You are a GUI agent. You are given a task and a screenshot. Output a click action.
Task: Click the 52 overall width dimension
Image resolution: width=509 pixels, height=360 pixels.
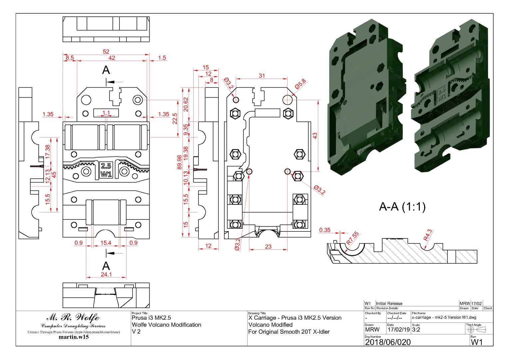106,52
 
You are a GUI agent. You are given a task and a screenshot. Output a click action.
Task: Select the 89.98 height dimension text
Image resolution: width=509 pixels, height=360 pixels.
179,162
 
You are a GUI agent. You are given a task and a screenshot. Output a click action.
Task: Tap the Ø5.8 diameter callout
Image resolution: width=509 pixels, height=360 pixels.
300,84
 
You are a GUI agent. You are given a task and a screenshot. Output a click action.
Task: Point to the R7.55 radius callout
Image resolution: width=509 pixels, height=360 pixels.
353,238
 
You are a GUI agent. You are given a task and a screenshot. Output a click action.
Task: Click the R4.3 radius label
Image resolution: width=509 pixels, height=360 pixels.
428,235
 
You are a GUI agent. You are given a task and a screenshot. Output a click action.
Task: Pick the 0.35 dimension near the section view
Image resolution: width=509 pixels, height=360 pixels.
325,230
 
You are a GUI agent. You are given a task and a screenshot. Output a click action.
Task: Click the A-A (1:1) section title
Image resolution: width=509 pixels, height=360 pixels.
402,207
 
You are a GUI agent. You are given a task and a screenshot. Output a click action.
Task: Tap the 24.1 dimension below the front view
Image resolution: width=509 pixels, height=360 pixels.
106,274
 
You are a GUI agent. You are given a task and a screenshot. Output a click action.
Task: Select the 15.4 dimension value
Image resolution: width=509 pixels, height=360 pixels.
106,243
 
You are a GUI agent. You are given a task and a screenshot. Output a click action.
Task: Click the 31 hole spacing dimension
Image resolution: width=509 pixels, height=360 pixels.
262,76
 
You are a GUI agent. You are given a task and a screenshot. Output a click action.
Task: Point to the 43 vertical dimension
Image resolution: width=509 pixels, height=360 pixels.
315,136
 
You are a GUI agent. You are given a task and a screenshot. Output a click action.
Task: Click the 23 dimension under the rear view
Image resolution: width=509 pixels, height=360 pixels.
268,246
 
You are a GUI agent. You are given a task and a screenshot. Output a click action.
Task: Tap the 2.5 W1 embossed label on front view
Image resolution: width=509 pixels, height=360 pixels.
106,170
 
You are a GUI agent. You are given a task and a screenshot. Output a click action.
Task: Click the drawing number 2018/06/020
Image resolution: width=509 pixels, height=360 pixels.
388,342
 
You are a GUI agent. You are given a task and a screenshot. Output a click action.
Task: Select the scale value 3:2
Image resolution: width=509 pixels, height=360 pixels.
416,330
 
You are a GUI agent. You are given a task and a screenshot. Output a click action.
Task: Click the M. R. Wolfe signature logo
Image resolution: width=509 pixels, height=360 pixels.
73,317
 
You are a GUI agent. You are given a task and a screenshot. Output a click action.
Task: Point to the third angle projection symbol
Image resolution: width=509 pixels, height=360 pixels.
476,329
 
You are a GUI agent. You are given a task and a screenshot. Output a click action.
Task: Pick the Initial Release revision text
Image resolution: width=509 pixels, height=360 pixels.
389,303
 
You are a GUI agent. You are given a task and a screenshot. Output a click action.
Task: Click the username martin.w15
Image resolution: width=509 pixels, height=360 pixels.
74,337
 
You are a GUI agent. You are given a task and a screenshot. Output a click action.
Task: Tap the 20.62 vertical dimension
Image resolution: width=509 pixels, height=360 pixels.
186,104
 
